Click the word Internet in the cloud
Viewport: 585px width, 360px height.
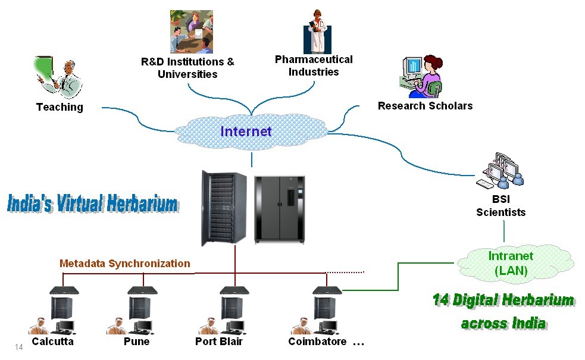click(246, 132)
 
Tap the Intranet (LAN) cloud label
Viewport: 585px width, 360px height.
click(511, 263)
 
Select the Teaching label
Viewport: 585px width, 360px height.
click(60, 107)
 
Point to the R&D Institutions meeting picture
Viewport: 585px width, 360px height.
click(192, 32)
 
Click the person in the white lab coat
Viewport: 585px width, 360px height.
click(317, 32)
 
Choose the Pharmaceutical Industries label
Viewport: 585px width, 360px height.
click(314, 65)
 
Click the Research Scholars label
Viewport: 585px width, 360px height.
click(426, 106)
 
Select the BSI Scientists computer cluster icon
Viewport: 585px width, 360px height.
click(500, 170)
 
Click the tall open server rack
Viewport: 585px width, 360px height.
click(224, 208)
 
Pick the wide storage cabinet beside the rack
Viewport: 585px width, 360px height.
click(280, 210)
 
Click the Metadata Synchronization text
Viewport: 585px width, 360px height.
click(124, 264)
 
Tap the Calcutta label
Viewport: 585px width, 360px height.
click(52, 342)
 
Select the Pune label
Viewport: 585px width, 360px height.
click(136, 342)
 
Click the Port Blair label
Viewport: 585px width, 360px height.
click(219, 342)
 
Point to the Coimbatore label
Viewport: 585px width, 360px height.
click(318, 342)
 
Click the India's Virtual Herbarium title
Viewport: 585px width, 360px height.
click(93, 204)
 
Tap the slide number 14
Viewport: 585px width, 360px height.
click(18, 348)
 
